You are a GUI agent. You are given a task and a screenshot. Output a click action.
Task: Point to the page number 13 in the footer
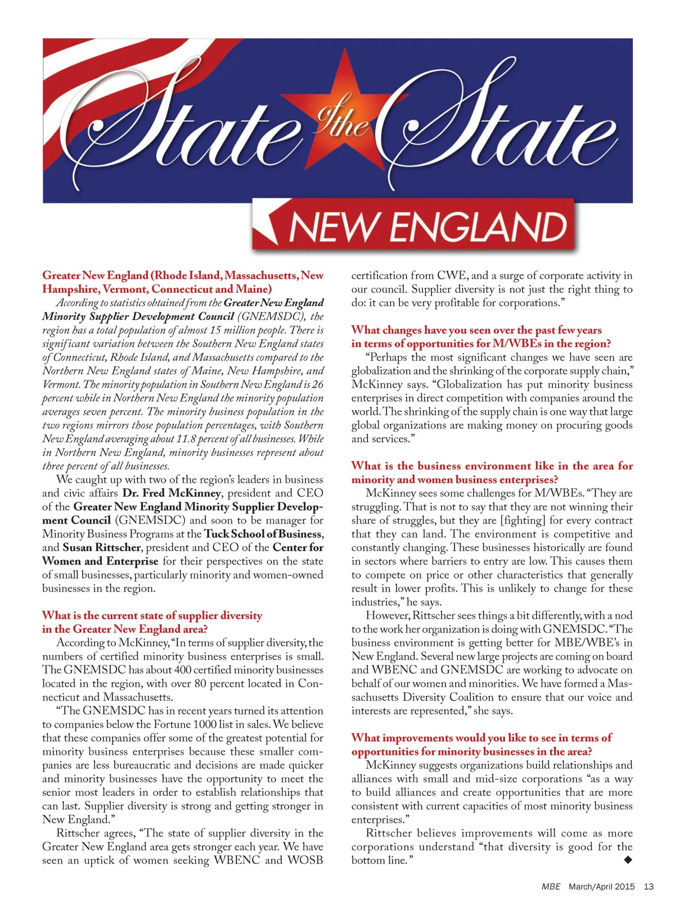(649, 886)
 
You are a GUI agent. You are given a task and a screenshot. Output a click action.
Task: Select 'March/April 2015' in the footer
(601, 886)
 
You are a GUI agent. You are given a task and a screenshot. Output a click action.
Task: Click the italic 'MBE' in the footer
(551, 886)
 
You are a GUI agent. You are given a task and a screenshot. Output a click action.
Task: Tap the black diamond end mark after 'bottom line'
(628, 859)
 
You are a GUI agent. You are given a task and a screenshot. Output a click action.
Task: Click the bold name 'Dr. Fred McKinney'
(172, 493)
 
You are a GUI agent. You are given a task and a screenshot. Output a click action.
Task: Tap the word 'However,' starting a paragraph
(388, 615)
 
